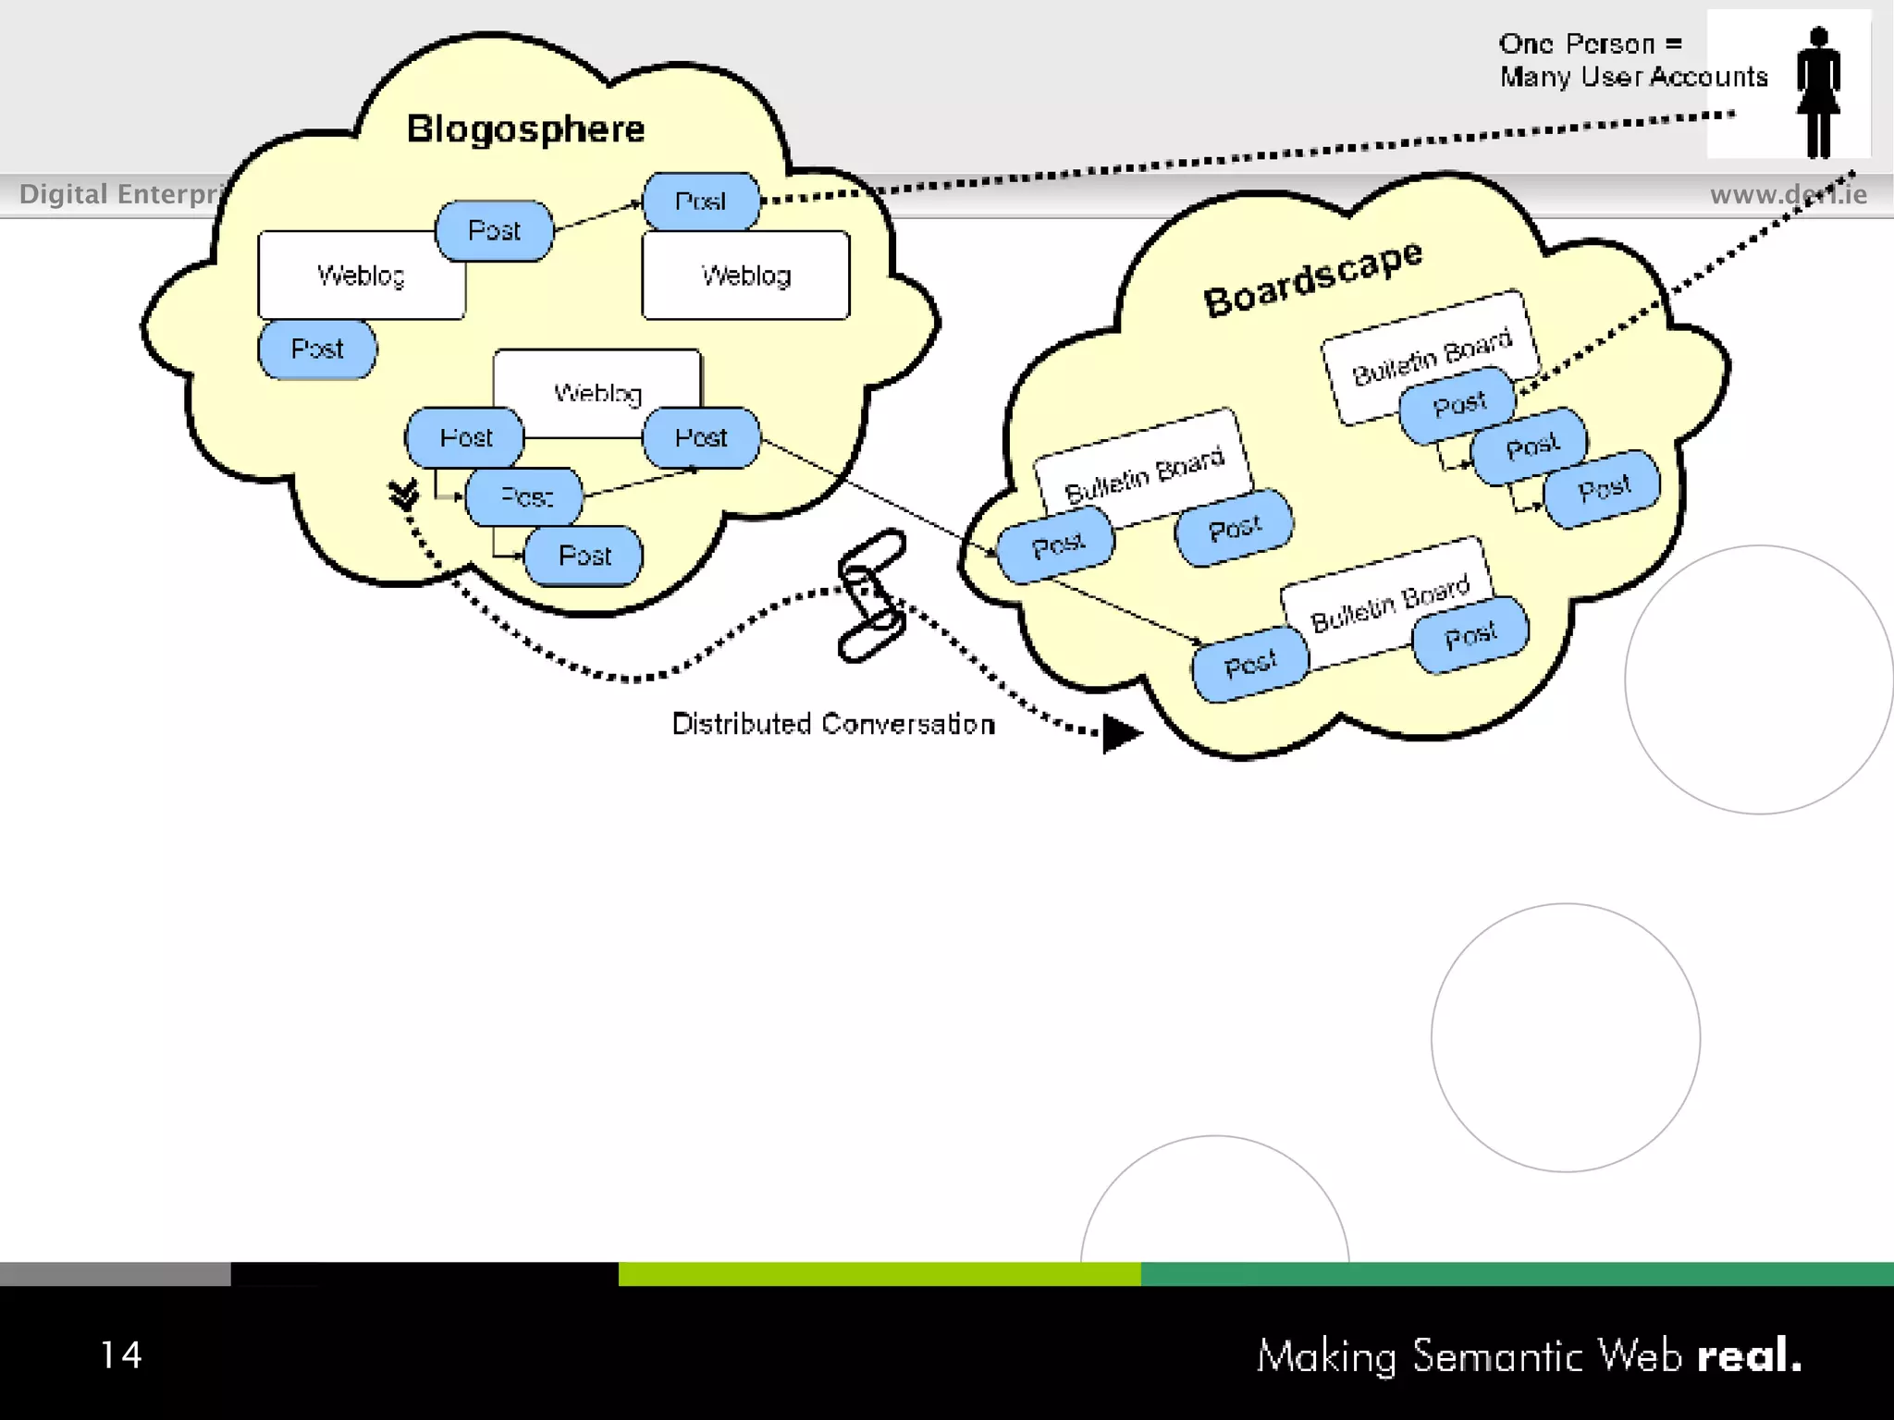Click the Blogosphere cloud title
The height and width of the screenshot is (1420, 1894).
(525, 129)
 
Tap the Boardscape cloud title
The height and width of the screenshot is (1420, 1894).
(1312, 277)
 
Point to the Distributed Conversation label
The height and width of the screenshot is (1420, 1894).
(833, 724)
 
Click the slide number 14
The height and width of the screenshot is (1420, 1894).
(121, 1355)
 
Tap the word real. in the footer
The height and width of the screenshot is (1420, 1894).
(1749, 1356)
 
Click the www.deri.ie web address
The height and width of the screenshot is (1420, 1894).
(1788, 195)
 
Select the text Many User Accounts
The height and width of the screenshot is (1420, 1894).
(1633, 77)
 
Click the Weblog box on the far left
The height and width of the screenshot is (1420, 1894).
(361, 275)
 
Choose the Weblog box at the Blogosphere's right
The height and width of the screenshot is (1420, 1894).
(745, 275)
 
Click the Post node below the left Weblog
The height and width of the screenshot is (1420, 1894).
(317, 349)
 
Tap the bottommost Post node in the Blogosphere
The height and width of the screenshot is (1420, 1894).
(584, 556)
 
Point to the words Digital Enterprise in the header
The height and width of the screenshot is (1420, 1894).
(120, 195)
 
